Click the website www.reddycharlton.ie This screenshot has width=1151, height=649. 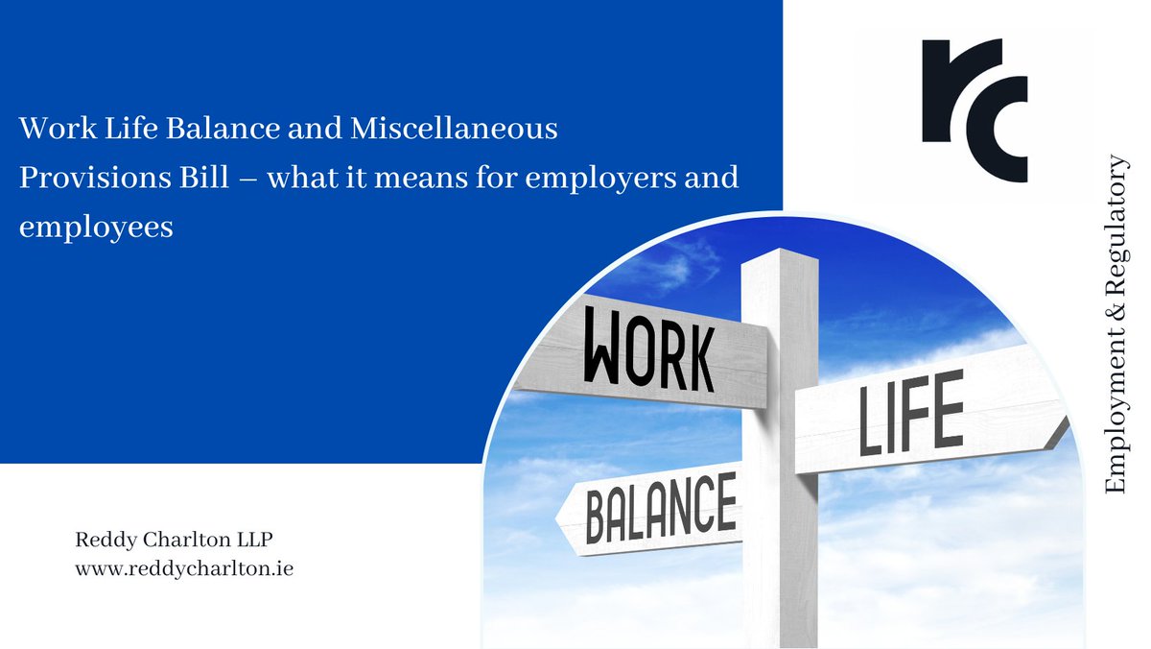[184, 568]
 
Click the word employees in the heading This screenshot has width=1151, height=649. [96, 229]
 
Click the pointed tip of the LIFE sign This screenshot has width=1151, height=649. [1065, 427]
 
